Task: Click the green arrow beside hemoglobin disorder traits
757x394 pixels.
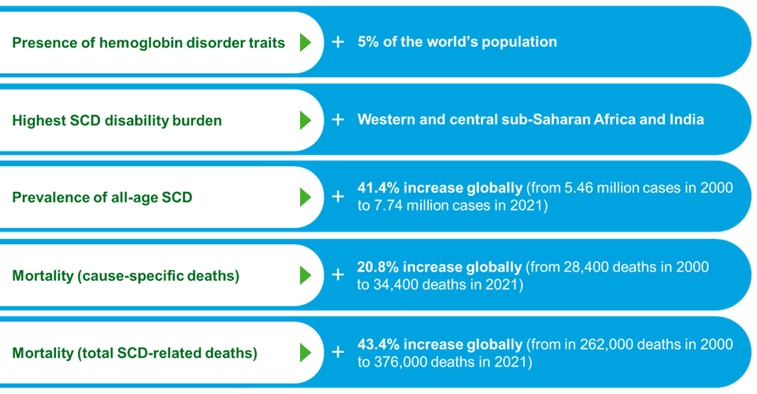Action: coord(305,43)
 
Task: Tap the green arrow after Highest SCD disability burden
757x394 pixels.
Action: coord(305,120)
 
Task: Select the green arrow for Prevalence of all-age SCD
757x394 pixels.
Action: coord(305,197)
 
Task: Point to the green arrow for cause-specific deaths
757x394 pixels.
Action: coord(305,275)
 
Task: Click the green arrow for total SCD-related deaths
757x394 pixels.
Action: coord(305,352)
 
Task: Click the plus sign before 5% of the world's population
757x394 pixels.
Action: coord(338,42)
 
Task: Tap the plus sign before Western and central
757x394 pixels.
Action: coord(338,119)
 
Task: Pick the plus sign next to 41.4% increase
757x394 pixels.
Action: coord(338,196)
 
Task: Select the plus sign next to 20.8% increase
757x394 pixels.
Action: coord(338,275)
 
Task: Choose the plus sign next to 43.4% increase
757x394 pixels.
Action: coord(338,352)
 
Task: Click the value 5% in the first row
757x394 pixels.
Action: coord(368,42)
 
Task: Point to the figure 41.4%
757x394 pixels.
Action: coord(379,188)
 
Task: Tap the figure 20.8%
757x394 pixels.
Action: coord(378,267)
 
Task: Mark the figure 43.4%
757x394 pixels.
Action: coord(379,345)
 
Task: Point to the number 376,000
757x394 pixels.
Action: coord(400,362)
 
